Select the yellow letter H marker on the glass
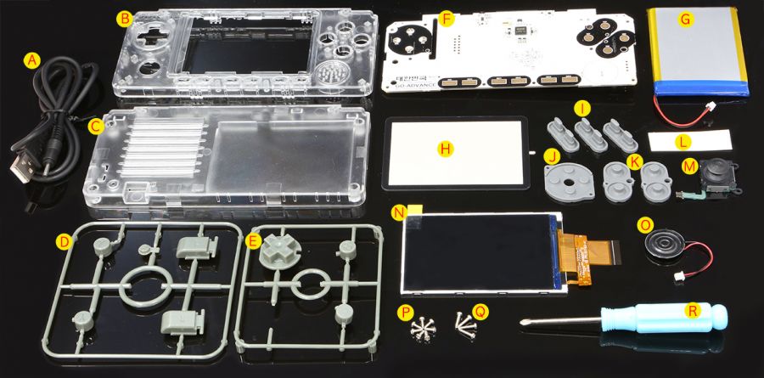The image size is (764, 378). pyautogui.click(x=443, y=149)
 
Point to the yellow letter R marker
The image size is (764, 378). pyautogui.click(x=694, y=311)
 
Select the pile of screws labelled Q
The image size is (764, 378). pyautogui.click(x=463, y=322)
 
